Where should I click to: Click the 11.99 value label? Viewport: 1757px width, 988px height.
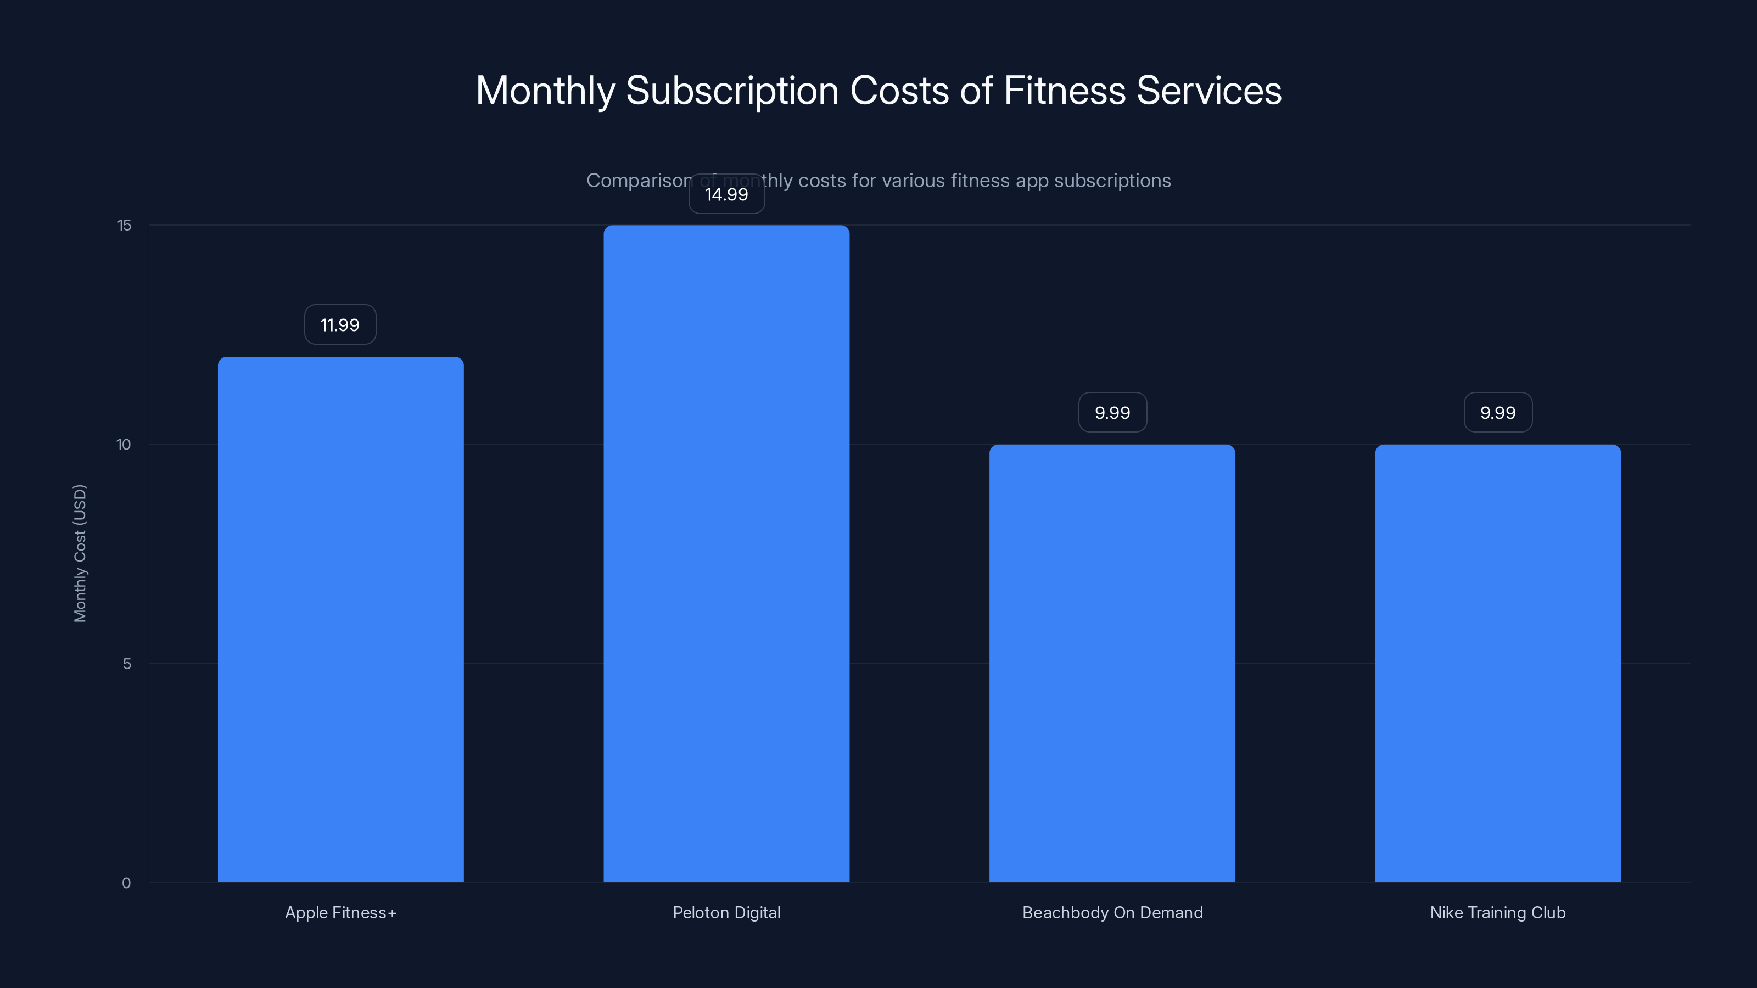pos(340,324)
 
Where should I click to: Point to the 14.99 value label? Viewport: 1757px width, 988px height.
pos(726,194)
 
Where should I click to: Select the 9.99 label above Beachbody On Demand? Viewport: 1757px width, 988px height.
pos(1112,413)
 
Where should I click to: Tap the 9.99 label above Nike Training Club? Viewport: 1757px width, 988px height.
pos(1498,413)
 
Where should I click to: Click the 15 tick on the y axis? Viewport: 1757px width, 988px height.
pos(124,225)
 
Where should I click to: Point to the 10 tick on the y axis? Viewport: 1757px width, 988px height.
pos(124,445)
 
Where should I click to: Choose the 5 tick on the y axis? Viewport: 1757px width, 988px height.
pos(127,664)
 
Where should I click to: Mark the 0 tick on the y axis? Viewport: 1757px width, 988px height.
pos(126,883)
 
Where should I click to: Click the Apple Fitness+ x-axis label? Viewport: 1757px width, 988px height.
pos(340,912)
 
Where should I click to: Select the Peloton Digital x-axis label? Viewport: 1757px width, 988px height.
pos(726,912)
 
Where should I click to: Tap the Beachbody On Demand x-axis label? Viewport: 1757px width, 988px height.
pos(1112,912)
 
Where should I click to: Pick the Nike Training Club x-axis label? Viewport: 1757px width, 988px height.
pos(1498,912)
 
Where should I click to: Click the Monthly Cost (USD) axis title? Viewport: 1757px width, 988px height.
pos(80,553)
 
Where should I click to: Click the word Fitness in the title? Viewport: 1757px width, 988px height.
pos(1064,90)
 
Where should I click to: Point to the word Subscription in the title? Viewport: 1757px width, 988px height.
pos(732,91)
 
